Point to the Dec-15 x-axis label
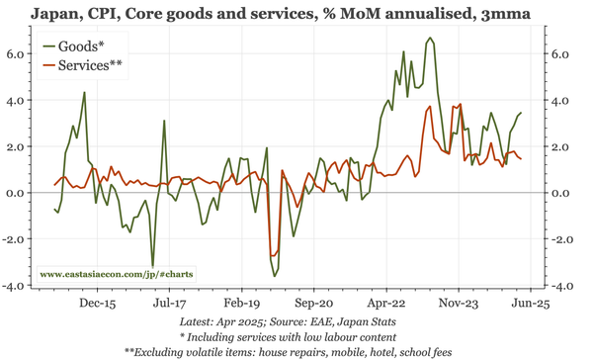97,306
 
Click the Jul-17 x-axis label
171,306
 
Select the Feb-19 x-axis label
242,306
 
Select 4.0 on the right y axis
561,101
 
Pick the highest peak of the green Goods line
429,39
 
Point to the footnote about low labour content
296,336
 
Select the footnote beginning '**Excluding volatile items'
296,351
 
